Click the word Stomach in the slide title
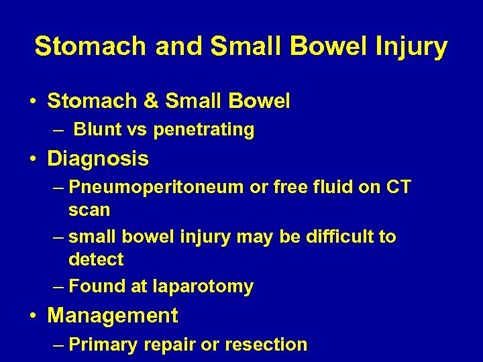(91, 47)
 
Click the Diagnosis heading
(98, 159)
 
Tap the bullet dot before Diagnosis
(33, 160)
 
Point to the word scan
(89, 210)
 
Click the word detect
(96, 259)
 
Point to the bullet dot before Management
(33, 316)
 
